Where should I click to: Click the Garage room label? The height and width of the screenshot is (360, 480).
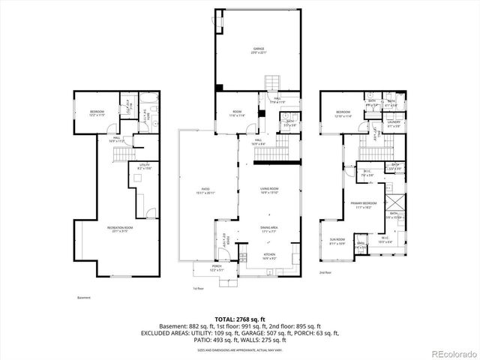(x=258, y=50)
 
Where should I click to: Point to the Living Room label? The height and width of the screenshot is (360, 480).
(x=269, y=190)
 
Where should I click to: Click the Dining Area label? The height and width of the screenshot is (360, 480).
(x=269, y=229)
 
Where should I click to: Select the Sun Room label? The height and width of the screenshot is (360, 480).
(x=337, y=242)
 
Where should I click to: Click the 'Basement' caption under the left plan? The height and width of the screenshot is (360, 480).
(x=83, y=298)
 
